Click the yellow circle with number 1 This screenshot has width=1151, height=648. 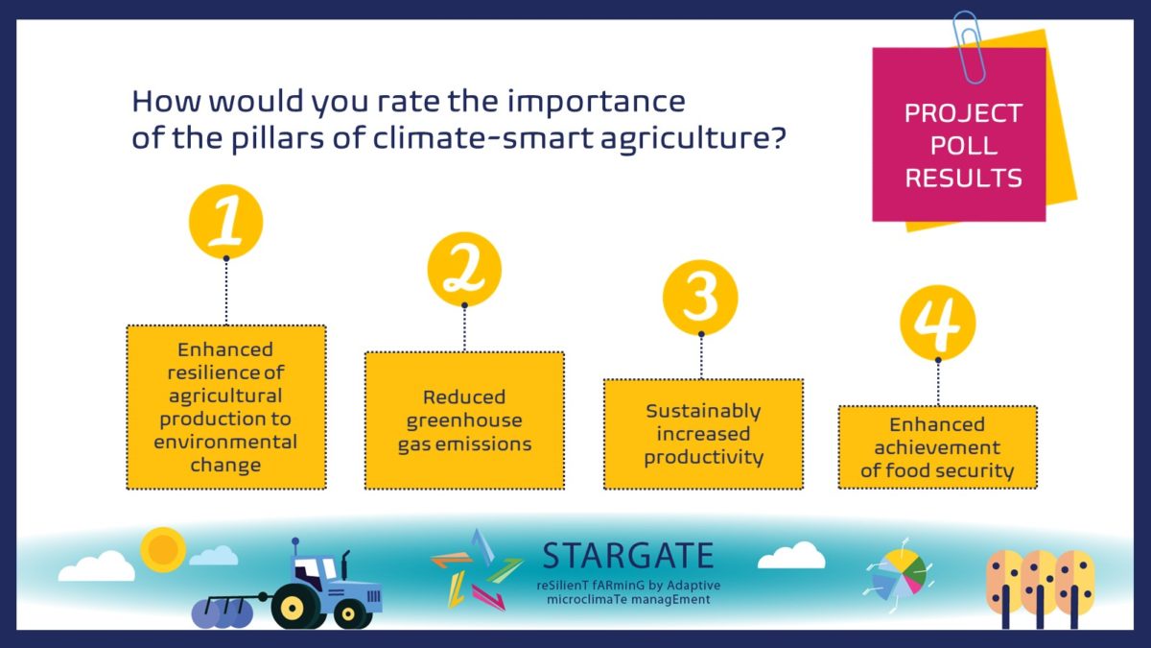click(x=226, y=222)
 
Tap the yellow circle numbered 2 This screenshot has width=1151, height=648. click(x=464, y=270)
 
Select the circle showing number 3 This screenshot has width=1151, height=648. click(x=700, y=298)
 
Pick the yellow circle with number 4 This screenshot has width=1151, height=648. click(x=938, y=323)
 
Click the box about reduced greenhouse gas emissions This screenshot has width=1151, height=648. click(x=464, y=420)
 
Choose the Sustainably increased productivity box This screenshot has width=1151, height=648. click(x=703, y=434)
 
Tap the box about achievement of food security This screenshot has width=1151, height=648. click(x=938, y=447)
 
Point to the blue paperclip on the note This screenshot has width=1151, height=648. click(x=969, y=47)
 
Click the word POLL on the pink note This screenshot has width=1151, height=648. click(x=963, y=146)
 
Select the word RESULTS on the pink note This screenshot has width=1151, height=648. click(x=963, y=178)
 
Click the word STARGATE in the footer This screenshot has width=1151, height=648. click(x=628, y=556)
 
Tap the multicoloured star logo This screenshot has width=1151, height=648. click(x=477, y=570)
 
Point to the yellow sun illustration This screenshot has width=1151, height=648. click(x=163, y=550)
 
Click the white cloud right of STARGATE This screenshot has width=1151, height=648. click(x=791, y=556)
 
